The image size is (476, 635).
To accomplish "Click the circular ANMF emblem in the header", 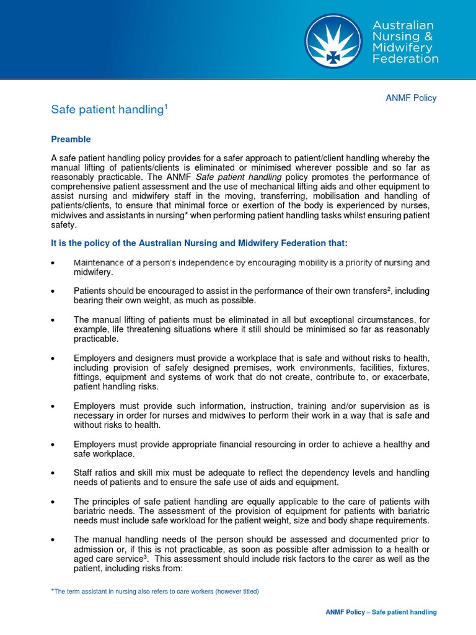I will [x=333, y=42].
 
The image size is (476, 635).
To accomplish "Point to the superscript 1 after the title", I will [x=165, y=106].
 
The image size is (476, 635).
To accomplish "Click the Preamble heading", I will [x=71, y=140].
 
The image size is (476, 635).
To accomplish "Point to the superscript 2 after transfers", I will [x=389, y=288].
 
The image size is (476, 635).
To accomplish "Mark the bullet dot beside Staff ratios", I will [x=55, y=474].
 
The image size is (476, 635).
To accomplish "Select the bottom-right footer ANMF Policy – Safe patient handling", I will [x=381, y=612].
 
